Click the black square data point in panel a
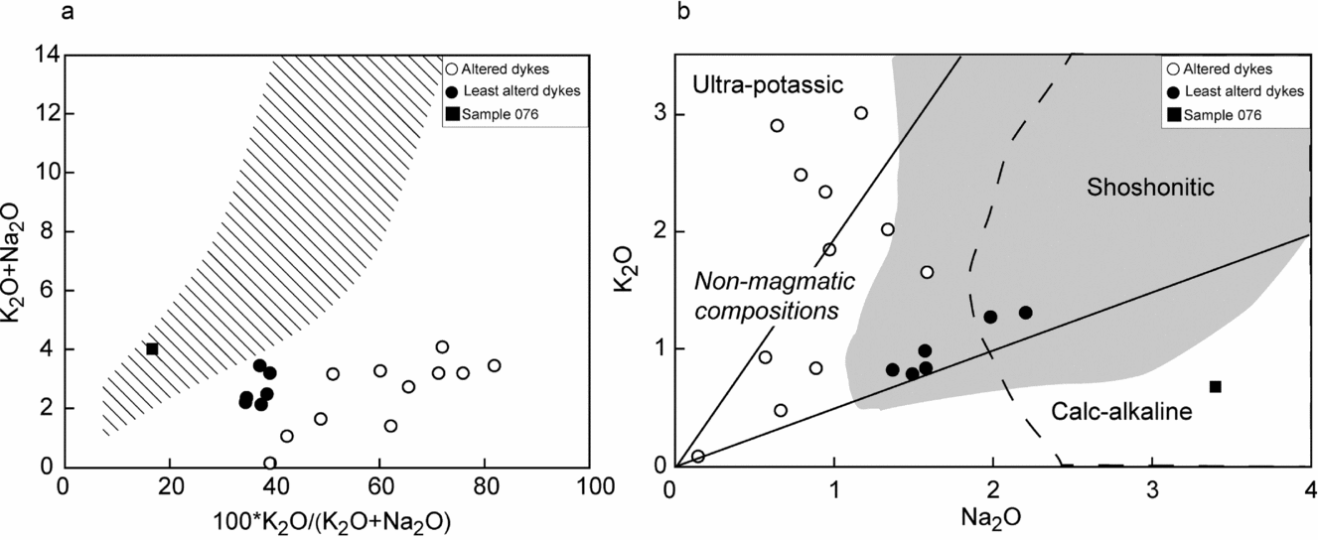152,348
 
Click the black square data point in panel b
1215,386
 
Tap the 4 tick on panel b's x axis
1309,489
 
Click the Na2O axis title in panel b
991,516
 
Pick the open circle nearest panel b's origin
698,457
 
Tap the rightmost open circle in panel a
494,365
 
